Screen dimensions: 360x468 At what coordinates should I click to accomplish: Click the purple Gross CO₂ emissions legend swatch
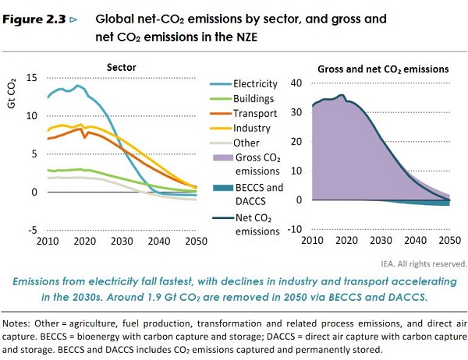222,158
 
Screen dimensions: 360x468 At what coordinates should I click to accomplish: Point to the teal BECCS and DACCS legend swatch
222,188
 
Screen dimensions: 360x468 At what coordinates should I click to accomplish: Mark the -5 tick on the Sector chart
32,230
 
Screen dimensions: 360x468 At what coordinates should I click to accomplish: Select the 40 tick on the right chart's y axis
296,83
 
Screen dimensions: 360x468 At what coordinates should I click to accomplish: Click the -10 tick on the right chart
294,228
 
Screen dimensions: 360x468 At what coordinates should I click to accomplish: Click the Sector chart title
122,68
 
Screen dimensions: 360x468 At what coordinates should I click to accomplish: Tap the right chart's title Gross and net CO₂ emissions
383,69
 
